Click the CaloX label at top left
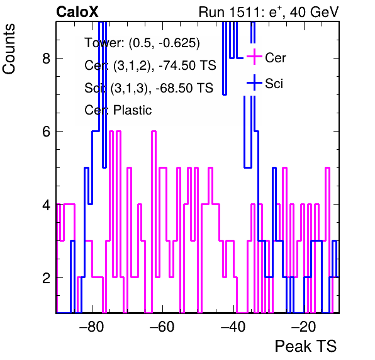point(77,12)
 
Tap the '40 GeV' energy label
point(315,12)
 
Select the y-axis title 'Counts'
point(9,49)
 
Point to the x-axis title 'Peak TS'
point(306,346)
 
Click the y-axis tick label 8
point(47,58)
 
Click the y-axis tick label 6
point(47,132)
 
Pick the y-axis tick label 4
point(47,205)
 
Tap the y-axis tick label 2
point(47,278)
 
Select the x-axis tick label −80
point(92,327)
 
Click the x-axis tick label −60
point(162,327)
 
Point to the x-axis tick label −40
point(233,327)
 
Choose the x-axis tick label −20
point(304,327)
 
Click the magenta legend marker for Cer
point(254,57)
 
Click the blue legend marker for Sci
point(254,82)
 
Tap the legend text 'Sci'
point(274,84)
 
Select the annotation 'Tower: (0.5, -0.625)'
point(142,43)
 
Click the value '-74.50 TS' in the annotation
point(187,65)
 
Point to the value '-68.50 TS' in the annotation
point(184,87)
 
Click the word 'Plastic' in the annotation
point(133,110)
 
